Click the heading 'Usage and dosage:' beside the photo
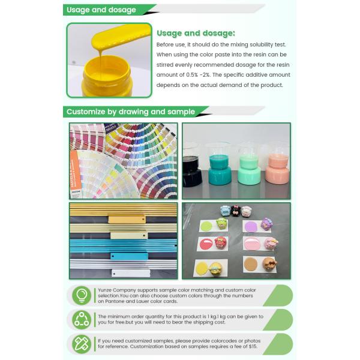coord(196,33)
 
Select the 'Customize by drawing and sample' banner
coord(130,112)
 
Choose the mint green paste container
coord(248,168)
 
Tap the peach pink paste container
coord(278,170)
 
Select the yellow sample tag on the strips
coord(127,220)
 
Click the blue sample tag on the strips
coord(130,256)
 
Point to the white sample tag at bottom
coord(130,273)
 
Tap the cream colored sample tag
coord(128,235)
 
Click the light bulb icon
coord(81,296)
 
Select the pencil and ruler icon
coord(81,344)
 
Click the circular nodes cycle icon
coord(81,320)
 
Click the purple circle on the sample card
coord(251,226)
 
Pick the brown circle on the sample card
coord(251,264)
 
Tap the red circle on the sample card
coord(205,244)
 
